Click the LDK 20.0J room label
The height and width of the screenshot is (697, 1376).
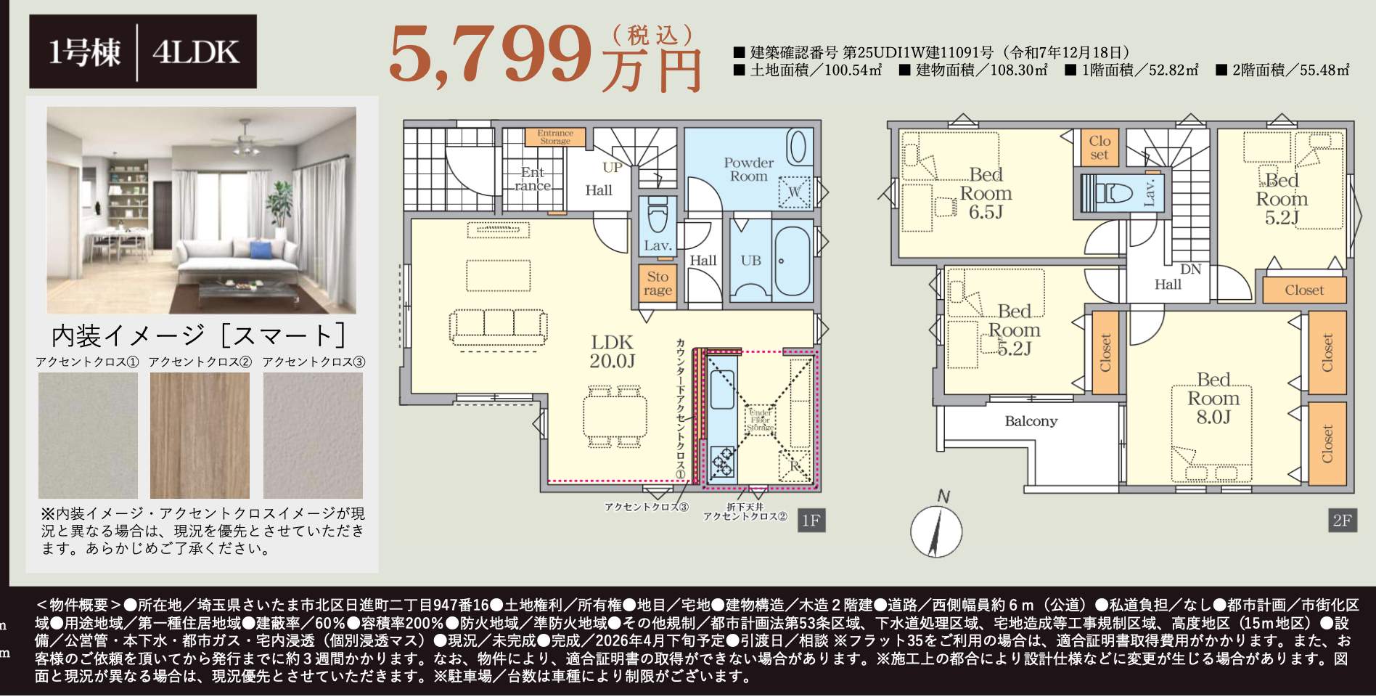point(611,351)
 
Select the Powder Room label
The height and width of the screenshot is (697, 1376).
point(748,169)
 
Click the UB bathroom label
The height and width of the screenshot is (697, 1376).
point(750,260)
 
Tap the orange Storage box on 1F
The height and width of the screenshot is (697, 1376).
point(658,283)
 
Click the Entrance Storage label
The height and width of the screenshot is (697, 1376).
point(555,136)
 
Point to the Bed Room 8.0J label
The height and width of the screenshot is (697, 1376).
point(1213,398)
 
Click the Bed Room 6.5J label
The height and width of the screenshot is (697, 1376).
point(985,193)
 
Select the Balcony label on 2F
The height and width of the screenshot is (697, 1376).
point(1031,421)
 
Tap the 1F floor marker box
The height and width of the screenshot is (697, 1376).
point(811,521)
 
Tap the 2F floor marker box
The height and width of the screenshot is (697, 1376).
point(1341,521)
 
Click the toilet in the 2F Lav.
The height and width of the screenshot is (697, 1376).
point(1113,193)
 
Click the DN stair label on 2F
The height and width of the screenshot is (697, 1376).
point(1190,269)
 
